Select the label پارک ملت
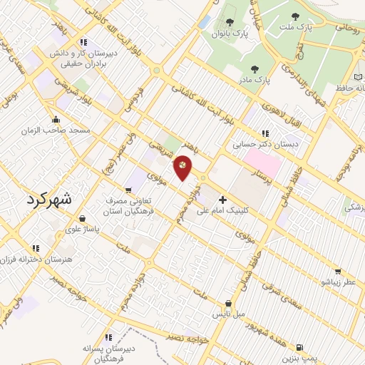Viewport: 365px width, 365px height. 297,28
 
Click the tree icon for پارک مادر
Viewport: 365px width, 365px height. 255,69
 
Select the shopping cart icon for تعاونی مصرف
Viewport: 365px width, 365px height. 128,190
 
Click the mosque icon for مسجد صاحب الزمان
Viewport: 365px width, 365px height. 56,119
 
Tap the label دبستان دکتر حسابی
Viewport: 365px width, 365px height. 264,144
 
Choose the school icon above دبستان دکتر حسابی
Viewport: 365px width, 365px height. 265,133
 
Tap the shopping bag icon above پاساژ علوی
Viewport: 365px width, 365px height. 83,218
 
